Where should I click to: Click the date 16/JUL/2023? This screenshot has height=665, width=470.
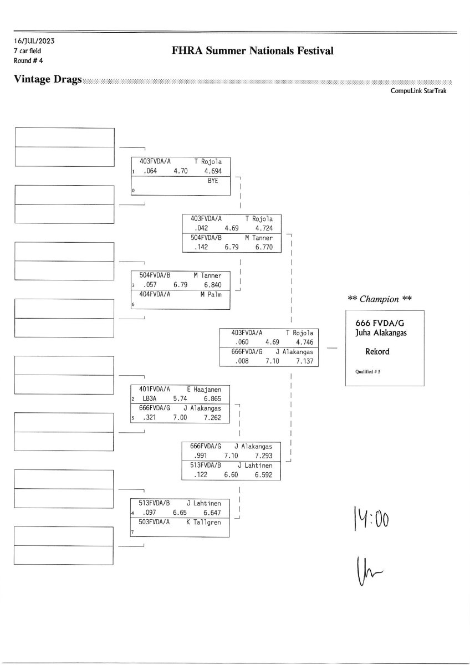pyautogui.click(x=34, y=41)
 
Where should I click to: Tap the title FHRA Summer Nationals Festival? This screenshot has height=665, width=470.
pyautogui.click(x=253, y=51)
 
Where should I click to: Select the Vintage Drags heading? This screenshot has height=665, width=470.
pyautogui.click(x=48, y=80)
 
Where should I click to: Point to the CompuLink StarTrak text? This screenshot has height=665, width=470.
pyautogui.click(x=418, y=91)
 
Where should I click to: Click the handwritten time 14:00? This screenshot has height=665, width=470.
pyautogui.click(x=371, y=520)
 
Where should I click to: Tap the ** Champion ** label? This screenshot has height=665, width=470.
pyautogui.click(x=380, y=299)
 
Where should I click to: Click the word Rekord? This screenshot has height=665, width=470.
pyautogui.click(x=377, y=351)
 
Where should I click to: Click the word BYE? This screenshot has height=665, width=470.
pyautogui.click(x=213, y=181)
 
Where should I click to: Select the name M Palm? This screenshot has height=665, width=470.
pyautogui.click(x=211, y=294)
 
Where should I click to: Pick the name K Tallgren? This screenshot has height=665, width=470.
pyautogui.click(x=203, y=522)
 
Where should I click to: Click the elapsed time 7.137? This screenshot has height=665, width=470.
pyautogui.click(x=304, y=361)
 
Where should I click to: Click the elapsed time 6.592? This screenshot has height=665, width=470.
pyautogui.click(x=263, y=475)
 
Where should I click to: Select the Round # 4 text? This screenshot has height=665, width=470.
pyautogui.click(x=28, y=60)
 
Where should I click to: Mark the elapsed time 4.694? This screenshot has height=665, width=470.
pyautogui.click(x=212, y=171)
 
